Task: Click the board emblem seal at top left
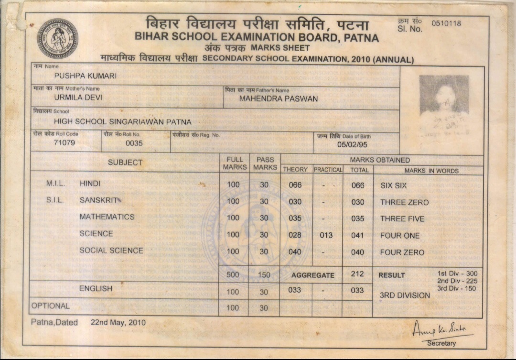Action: coord(57,38)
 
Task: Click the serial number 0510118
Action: coord(446,23)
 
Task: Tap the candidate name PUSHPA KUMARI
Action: coord(85,76)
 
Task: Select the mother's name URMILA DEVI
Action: coord(78,97)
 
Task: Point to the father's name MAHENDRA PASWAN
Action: coord(278,99)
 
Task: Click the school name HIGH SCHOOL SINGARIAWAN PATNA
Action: coord(122,122)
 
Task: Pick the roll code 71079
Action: coord(64,142)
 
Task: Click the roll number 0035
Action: coord(134,143)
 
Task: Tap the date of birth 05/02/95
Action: coord(352,144)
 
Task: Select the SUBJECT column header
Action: coord(125,163)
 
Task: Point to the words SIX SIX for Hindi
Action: coord(393,185)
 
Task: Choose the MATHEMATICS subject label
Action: coord(107,217)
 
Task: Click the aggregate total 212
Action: coord(357,274)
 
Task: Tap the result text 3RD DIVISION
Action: coord(405,295)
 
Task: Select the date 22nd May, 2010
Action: coord(118,322)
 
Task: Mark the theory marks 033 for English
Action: coord(295,290)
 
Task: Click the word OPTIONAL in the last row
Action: coord(50,306)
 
